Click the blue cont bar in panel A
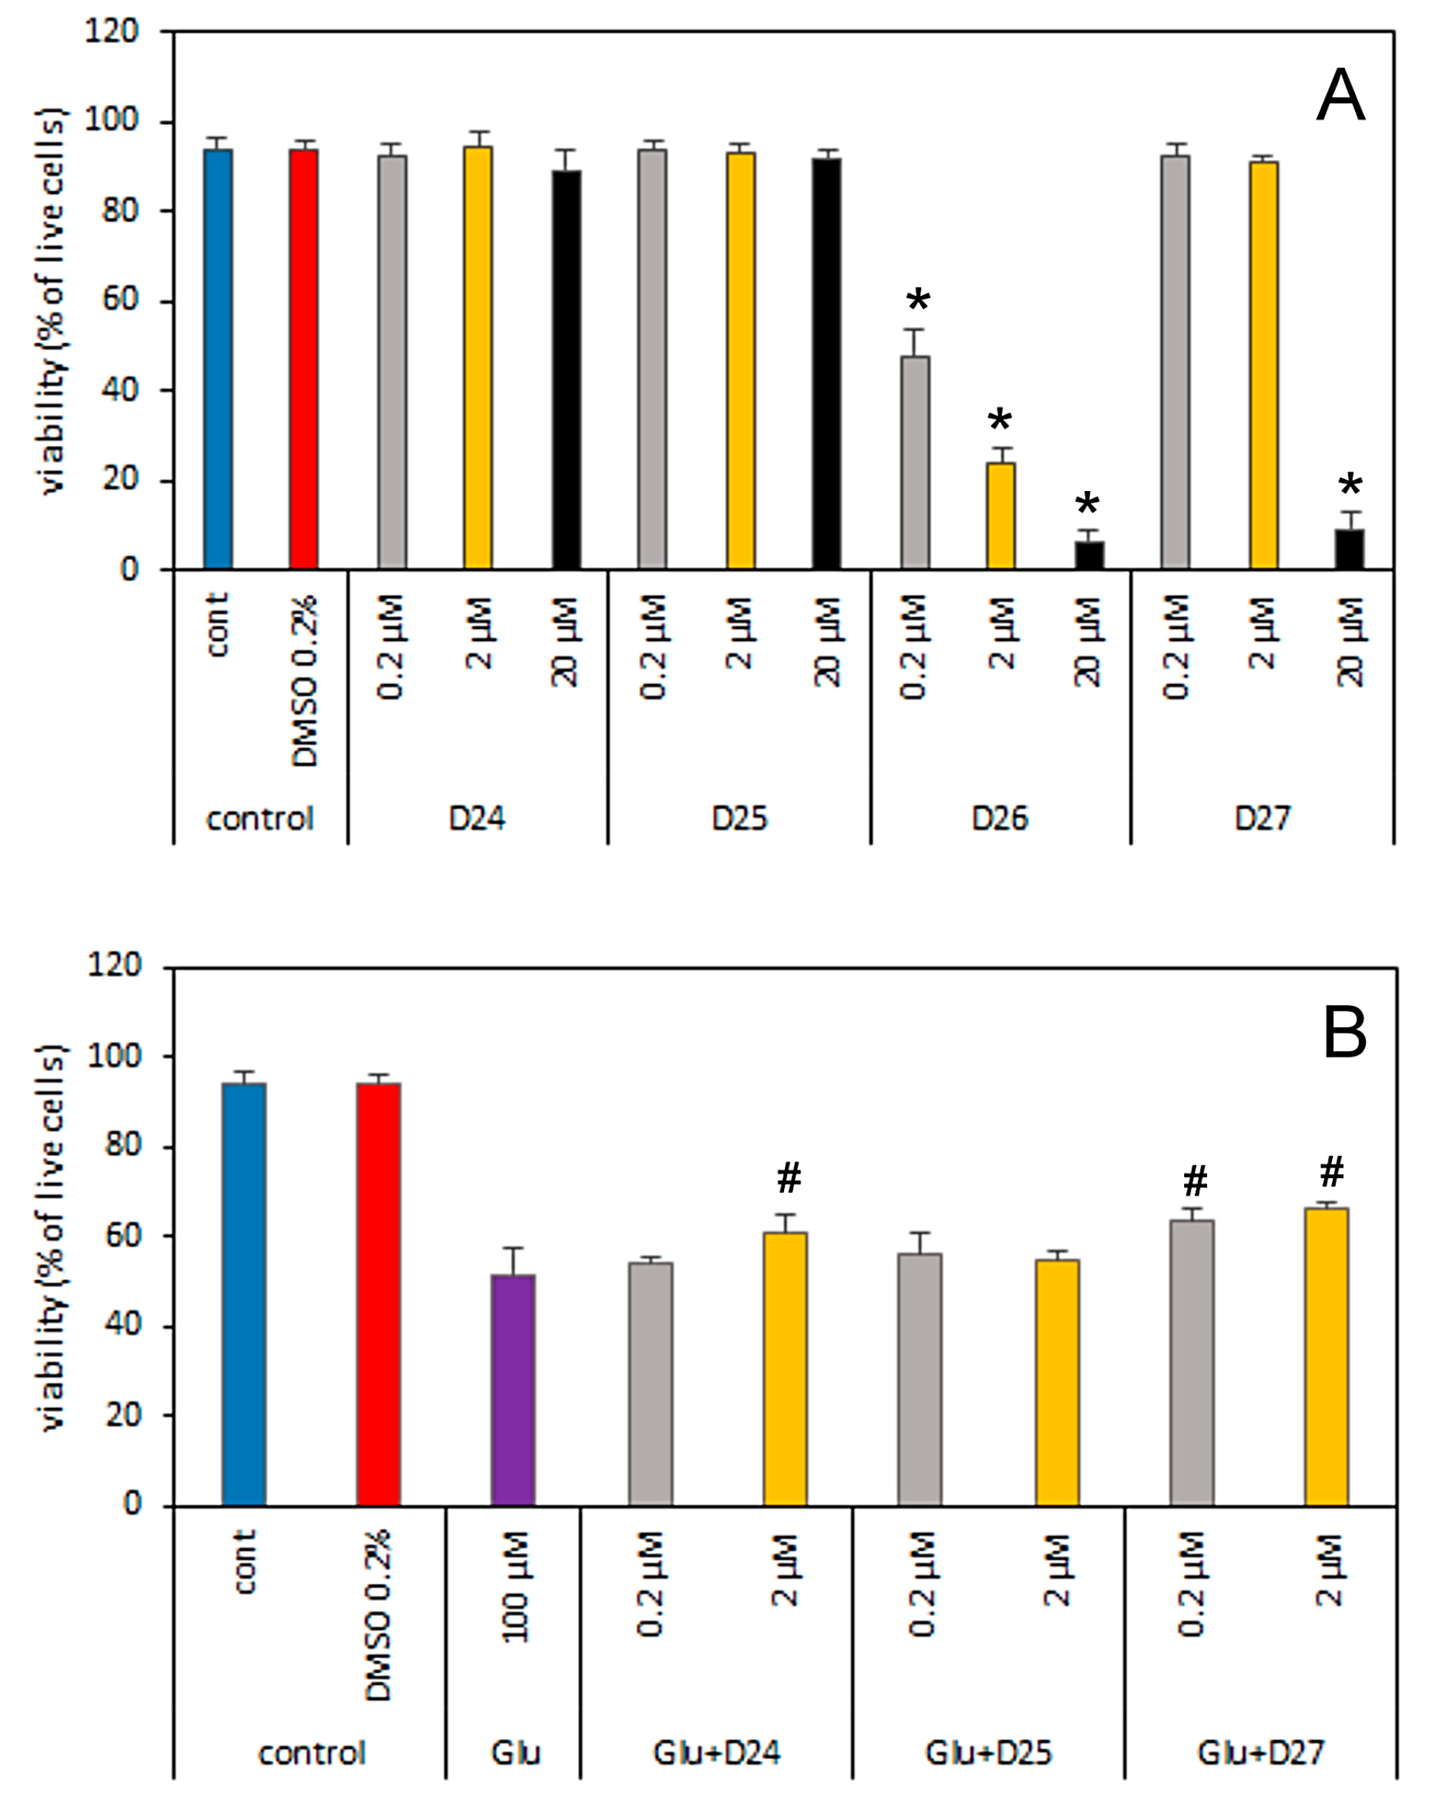tap(218, 360)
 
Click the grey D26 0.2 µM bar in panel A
tap(915, 463)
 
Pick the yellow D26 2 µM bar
tap(1001, 515)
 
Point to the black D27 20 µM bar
tap(1349, 549)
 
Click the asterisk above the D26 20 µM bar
tap(1087, 505)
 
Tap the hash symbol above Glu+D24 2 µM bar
tap(788, 1179)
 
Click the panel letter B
tap(1344, 1034)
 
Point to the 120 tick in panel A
tap(111, 31)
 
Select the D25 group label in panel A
tap(739, 818)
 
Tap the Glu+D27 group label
tap(1261, 1752)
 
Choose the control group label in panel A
tap(260, 818)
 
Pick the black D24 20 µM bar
tap(566, 370)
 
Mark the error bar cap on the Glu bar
tap(513, 1248)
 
